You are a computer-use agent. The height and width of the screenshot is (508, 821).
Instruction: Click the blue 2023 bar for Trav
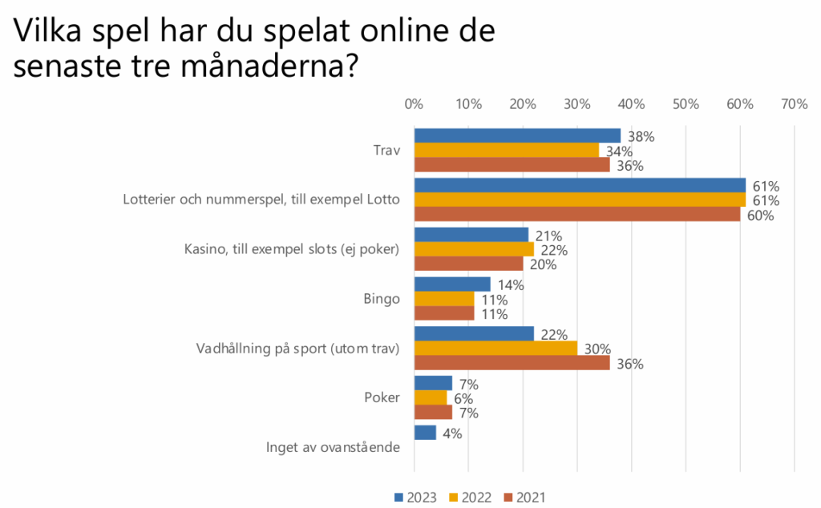tap(517, 136)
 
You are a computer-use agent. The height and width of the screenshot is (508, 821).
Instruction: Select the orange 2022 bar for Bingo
tap(443, 299)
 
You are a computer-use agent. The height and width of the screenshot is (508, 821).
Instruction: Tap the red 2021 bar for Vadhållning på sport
tap(512, 364)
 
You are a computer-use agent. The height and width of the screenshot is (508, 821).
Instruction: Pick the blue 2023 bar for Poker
tap(433, 384)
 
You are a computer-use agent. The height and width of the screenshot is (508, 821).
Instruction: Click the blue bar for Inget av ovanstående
tap(425, 433)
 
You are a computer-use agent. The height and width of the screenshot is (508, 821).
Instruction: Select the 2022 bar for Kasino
tap(473, 250)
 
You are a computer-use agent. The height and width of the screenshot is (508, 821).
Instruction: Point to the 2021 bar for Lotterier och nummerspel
tap(576, 215)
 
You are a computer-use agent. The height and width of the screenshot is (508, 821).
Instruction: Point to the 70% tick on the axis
tap(794, 104)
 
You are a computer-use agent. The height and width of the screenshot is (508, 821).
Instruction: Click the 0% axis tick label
tap(414, 104)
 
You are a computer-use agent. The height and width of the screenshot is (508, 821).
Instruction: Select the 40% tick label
tap(631, 104)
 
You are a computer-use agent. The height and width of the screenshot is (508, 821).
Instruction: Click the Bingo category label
tap(382, 299)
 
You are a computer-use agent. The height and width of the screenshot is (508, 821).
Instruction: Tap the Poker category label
tap(382, 398)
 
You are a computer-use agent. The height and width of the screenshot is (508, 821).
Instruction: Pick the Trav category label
tap(386, 151)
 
